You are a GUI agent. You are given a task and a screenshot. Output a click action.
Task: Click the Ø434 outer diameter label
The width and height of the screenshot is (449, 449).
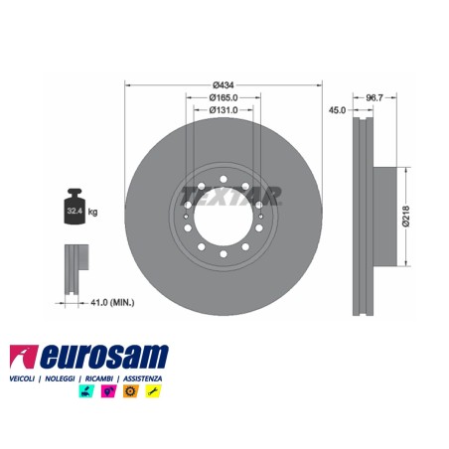click(224, 85)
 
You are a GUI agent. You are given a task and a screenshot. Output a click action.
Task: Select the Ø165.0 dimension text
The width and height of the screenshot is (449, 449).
click(224, 97)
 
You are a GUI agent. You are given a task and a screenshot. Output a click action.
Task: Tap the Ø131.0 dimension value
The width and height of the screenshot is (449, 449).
click(224, 110)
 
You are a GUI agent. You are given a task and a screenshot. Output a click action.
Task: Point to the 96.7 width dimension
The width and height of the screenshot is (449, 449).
click(374, 97)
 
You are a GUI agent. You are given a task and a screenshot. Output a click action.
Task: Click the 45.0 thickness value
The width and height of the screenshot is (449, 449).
click(337, 110)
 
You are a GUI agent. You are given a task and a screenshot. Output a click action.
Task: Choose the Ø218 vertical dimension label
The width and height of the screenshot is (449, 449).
click(406, 217)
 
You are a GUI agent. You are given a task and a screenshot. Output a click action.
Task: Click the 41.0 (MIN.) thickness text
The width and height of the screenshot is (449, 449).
click(112, 302)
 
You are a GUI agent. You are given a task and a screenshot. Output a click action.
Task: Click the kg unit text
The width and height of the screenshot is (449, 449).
click(92, 212)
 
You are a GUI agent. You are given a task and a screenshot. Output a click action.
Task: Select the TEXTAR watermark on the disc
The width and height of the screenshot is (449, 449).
click(230, 196)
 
